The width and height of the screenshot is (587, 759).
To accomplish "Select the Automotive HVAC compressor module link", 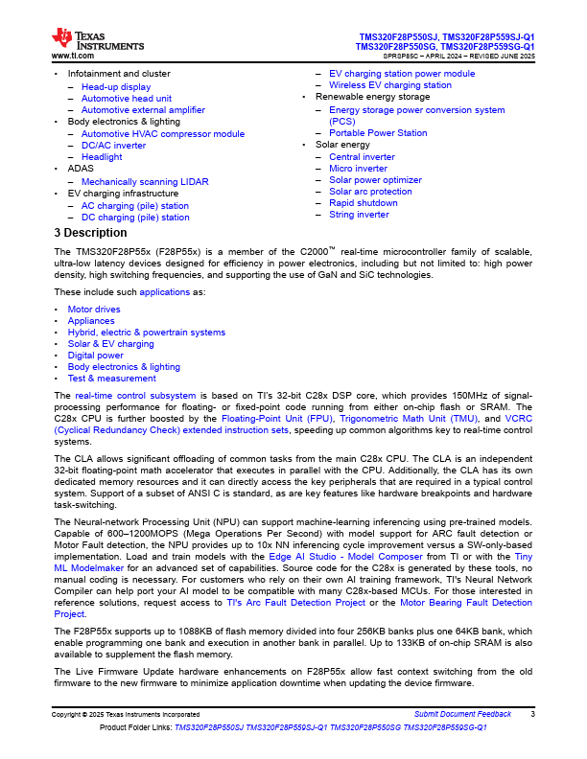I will [x=162, y=134].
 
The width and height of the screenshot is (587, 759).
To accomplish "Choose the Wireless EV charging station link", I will [x=389, y=85].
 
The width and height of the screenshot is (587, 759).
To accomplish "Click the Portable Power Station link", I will [x=378, y=133].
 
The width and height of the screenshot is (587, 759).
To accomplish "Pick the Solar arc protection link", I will [x=370, y=192].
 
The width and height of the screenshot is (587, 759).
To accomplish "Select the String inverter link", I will [x=359, y=215].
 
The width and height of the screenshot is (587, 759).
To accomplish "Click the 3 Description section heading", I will [x=90, y=233].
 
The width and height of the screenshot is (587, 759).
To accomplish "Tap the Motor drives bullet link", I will [x=94, y=310].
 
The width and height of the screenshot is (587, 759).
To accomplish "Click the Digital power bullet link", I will [x=96, y=356].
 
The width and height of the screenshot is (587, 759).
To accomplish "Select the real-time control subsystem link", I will [x=135, y=396].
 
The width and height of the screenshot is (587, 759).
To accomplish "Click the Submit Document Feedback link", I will [x=462, y=714].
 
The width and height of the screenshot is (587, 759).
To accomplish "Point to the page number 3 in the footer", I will [x=532, y=714].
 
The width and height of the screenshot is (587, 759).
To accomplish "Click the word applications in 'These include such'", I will [x=165, y=291].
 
